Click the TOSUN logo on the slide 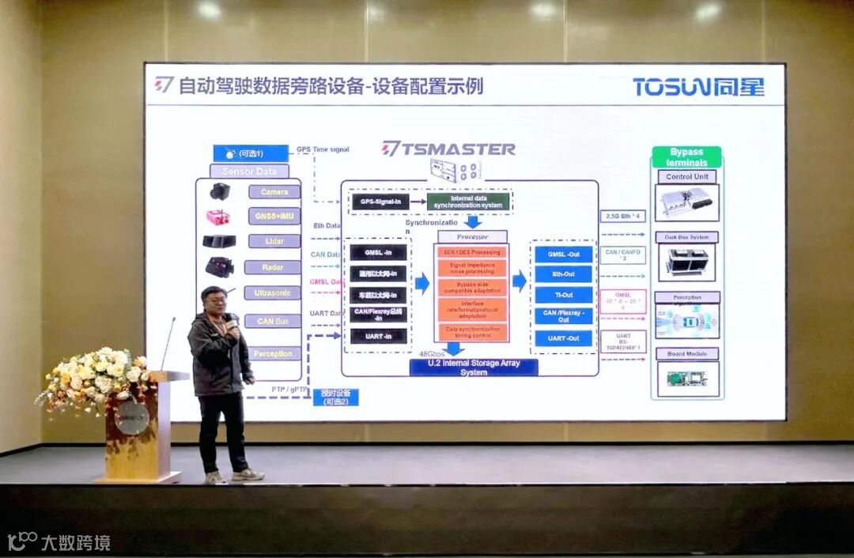pyautogui.click(x=698, y=86)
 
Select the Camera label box pyautogui.click(x=274, y=192)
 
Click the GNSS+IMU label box pyautogui.click(x=274, y=216)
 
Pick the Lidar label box pyautogui.click(x=274, y=241)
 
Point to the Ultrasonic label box pyautogui.click(x=273, y=293)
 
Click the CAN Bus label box pyautogui.click(x=273, y=321)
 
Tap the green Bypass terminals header pyautogui.click(x=686, y=156)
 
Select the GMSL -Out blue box pyautogui.click(x=562, y=254)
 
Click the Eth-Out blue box pyautogui.click(x=562, y=274)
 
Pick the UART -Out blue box pyautogui.click(x=562, y=338)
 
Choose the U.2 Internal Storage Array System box pyautogui.click(x=474, y=368)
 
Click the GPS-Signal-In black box pyautogui.click(x=378, y=202)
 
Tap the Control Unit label pyautogui.click(x=686, y=177)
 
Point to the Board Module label pyautogui.click(x=686, y=353)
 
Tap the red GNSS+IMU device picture pyautogui.click(x=218, y=217)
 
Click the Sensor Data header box pyautogui.click(x=250, y=171)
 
